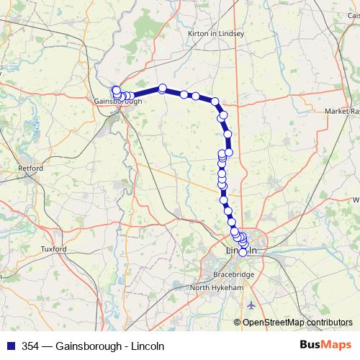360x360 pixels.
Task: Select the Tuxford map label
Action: click(x=53, y=249)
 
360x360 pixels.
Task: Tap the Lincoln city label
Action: click(x=242, y=250)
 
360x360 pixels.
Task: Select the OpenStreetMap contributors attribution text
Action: click(x=297, y=323)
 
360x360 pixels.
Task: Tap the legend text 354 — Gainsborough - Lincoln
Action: click(x=93, y=346)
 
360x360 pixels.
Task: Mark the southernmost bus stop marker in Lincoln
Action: click(x=243, y=252)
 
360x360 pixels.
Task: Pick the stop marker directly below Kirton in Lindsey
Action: click(x=215, y=102)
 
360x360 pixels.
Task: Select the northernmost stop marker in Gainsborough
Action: click(x=115, y=90)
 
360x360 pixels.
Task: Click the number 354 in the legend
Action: click(x=31, y=346)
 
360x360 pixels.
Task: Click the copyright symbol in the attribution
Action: click(x=238, y=323)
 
